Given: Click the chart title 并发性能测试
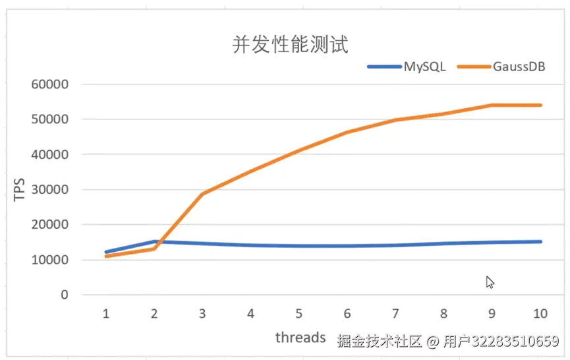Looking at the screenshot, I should [x=290, y=44].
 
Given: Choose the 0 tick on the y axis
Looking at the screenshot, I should [x=64, y=295].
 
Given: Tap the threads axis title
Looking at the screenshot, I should [x=300, y=338].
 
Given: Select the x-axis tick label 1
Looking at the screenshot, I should [x=105, y=314].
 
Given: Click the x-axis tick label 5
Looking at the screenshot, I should [x=299, y=314].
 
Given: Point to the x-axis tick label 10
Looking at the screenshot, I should [x=540, y=314].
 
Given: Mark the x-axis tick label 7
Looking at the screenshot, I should [x=395, y=314].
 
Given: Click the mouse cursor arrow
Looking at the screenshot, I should [x=490, y=282].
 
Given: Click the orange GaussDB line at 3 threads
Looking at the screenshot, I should [x=202, y=194].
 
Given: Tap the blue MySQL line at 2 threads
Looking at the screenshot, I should [x=154, y=242].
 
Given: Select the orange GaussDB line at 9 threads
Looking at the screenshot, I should [x=492, y=105].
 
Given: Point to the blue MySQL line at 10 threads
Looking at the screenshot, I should [x=540, y=242].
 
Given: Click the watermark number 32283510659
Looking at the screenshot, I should [x=501, y=342].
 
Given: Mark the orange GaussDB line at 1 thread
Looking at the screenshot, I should [x=106, y=256].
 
